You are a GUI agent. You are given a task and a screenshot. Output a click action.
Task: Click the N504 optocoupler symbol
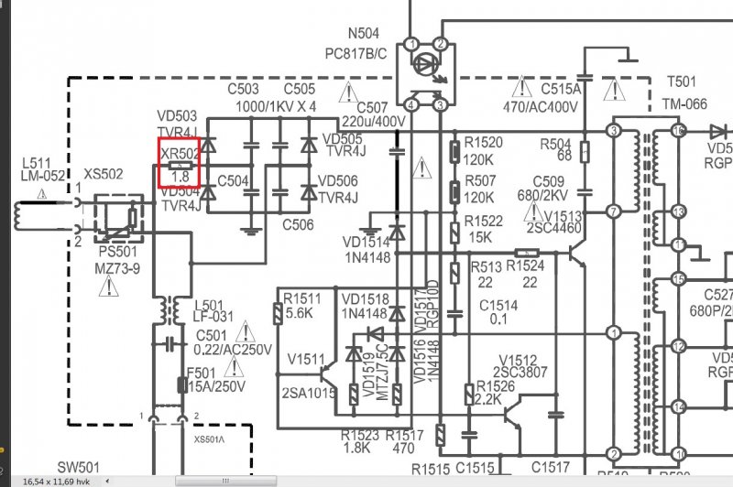click(426, 75)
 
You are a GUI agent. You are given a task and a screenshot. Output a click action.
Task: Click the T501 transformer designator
click(681, 81)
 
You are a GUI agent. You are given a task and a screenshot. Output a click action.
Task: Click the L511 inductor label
click(38, 169)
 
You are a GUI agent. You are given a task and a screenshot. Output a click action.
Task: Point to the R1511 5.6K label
click(302, 305)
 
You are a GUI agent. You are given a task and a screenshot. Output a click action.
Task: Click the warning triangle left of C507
click(348, 92)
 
